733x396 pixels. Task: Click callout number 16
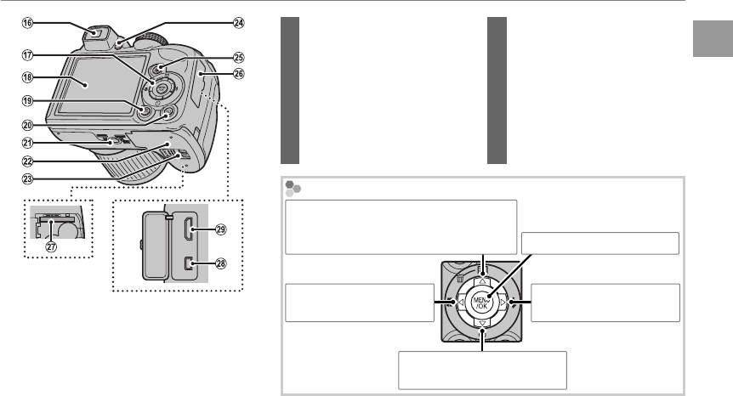pos(27,23)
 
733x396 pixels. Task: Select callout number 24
pos(239,23)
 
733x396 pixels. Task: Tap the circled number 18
pos(27,77)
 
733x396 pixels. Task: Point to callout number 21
pos(27,143)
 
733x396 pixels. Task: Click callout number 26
pos(239,74)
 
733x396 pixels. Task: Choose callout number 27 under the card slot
pos(51,246)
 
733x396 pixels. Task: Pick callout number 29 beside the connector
pos(220,229)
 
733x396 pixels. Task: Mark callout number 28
pos(220,263)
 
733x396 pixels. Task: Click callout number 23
pos(27,178)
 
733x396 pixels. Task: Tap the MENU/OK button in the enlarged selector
pos(481,303)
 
